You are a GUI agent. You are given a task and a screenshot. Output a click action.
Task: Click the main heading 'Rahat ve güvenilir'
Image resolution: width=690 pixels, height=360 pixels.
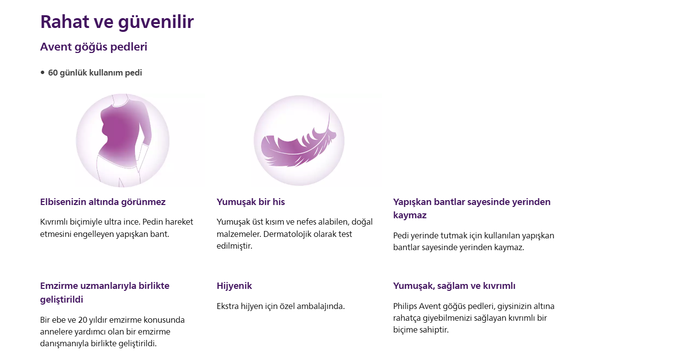pos(117,22)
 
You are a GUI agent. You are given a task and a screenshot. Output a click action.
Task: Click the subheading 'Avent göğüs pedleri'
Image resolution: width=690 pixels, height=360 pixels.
pos(94,47)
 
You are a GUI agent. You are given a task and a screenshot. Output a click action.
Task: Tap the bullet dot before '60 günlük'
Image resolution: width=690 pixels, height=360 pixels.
pos(43,73)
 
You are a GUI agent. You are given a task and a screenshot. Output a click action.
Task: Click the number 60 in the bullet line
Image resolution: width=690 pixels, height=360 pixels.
pos(53,73)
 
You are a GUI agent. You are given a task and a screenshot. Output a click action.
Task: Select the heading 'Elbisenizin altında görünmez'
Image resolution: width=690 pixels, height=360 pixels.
pos(103,203)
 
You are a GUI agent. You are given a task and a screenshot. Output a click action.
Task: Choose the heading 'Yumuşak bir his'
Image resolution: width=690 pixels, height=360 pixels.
pos(251,202)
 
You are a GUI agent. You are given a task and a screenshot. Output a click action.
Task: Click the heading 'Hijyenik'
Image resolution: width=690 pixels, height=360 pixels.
pos(234,286)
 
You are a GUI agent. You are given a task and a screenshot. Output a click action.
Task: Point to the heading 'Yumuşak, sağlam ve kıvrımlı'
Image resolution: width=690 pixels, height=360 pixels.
pos(454,286)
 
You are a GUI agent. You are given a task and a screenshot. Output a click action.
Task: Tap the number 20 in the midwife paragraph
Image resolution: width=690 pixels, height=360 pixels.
pos(82,320)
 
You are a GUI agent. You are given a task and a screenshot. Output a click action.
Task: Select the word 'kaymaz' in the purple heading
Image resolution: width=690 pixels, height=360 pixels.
pos(410,215)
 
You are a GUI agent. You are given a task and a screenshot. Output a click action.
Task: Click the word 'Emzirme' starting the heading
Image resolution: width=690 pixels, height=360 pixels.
pos(59,286)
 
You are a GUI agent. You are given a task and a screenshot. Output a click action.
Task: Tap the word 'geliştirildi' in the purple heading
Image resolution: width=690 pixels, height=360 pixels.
pos(62,300)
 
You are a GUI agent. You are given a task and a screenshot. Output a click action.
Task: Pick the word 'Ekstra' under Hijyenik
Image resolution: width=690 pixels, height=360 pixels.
pos(228,307)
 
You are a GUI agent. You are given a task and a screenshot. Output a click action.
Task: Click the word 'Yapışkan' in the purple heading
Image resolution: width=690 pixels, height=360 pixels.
pos(412,203)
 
